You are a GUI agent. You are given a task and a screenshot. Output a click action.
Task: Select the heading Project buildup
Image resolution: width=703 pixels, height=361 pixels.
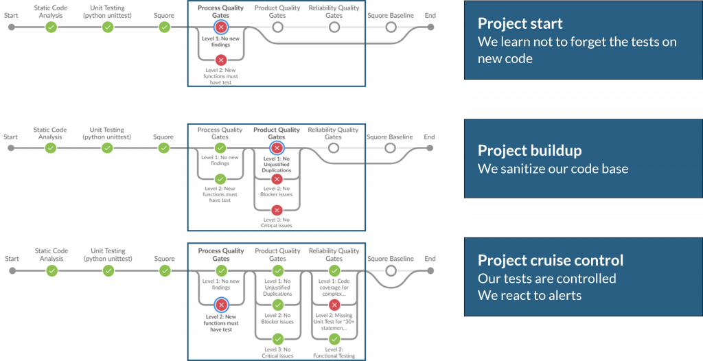tap(529, 150)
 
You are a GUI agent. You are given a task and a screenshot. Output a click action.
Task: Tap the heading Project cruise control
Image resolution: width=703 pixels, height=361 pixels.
tap(550, 260)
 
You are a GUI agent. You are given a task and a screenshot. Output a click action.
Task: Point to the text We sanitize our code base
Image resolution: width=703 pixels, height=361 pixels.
tap(553, 169)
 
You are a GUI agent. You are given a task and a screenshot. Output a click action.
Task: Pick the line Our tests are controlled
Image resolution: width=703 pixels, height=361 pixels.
tap(546, 279)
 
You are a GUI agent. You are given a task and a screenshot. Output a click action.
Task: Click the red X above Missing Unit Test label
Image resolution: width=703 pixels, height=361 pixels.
tap(334, 305)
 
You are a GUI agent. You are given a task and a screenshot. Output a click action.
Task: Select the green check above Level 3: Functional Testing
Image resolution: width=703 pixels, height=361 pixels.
tap(334, 339)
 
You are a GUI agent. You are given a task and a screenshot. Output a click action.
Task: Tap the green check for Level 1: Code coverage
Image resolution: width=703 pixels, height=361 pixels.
tap(334, 271)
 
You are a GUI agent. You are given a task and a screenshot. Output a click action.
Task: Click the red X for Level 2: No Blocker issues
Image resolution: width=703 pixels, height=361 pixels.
tap(277, 179)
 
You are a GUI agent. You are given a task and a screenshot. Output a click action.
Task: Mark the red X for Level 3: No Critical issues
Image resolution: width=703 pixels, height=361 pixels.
tap(277, 210)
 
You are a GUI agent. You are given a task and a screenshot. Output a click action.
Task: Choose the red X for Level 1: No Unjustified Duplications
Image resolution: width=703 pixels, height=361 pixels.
tap(277, 148)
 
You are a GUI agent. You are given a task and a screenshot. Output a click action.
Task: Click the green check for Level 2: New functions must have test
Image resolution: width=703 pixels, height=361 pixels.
tap(220, 179)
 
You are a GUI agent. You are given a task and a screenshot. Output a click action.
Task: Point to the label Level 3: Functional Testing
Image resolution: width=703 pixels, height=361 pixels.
tap(334, 353)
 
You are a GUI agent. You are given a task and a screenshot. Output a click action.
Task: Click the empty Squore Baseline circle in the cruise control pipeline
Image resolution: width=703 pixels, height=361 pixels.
tap(391, 271)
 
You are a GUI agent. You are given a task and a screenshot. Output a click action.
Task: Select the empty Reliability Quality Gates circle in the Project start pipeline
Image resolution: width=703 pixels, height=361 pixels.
tap(334, 27)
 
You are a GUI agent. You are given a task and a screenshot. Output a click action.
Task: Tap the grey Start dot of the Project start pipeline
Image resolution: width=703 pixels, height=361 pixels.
tap(11, 27)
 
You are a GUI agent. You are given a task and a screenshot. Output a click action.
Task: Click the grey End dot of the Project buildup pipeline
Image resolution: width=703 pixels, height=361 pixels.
tap(430, 148)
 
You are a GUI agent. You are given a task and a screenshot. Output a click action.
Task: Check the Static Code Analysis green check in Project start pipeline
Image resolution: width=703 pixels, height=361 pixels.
tap(51, 27)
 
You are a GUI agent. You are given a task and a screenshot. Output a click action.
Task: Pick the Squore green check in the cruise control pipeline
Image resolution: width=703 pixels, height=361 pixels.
tap(165, 271)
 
